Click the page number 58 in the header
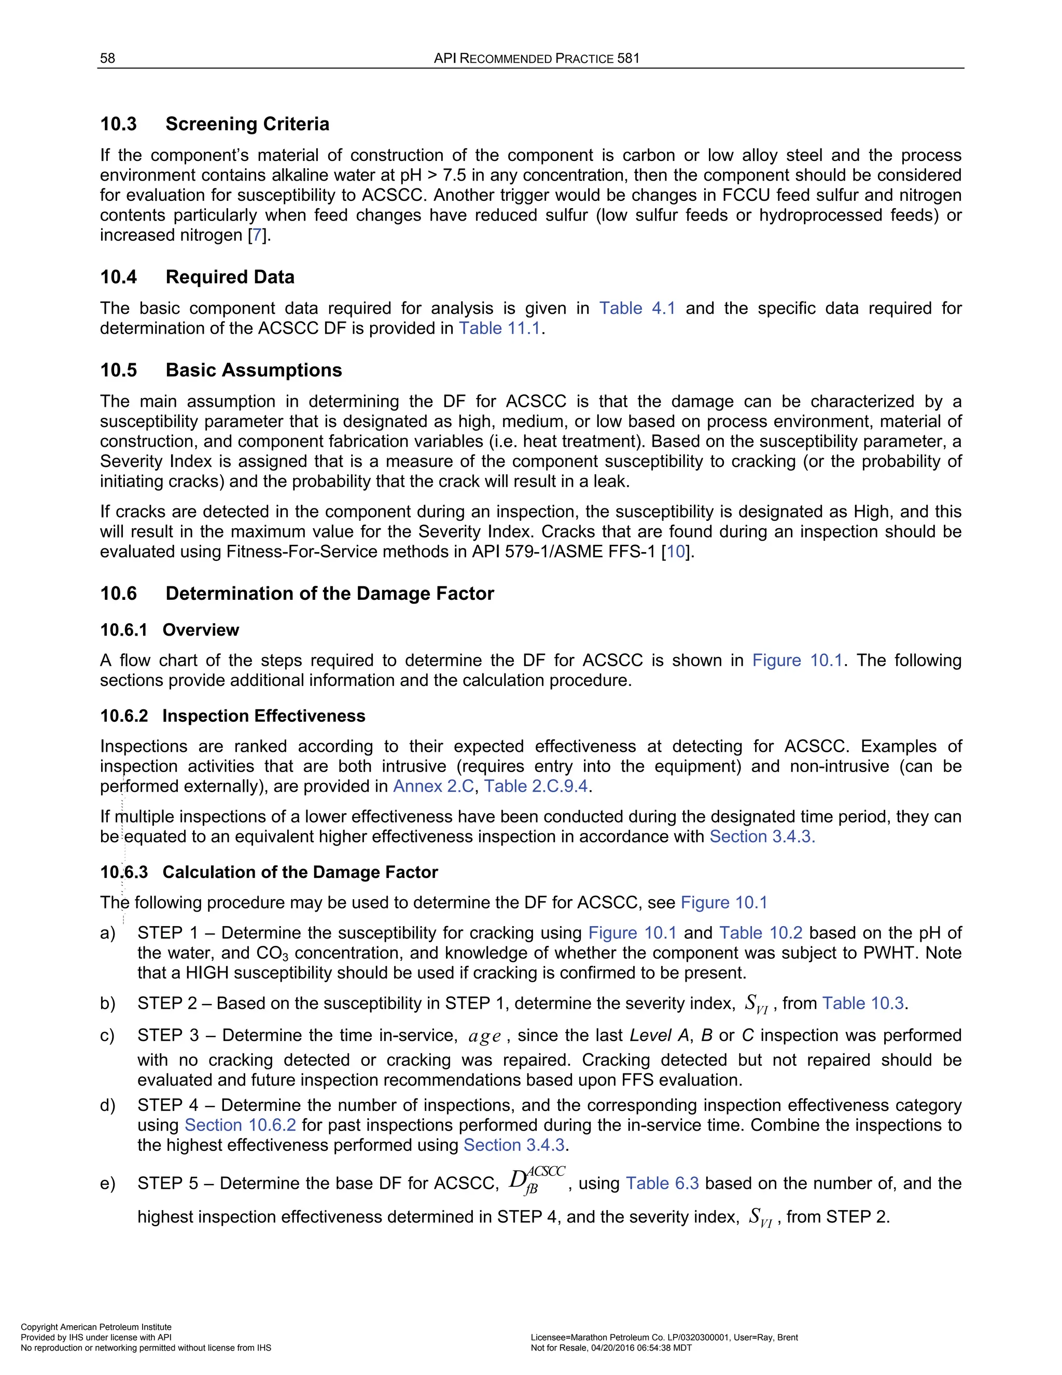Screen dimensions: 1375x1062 point(107,59)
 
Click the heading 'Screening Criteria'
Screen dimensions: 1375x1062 point(247,123)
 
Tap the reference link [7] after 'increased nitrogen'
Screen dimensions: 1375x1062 point(257,236)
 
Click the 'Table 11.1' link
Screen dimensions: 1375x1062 point(499,328)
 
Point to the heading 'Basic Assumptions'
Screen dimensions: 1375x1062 point(254,369)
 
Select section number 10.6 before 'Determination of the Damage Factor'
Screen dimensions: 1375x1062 point(118,593)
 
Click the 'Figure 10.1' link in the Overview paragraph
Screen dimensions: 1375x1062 point(796,661)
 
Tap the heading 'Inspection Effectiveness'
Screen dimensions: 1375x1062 point(263,716)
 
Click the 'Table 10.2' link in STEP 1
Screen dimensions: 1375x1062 point(761,932)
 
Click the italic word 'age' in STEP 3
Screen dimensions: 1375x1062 point(484,1037)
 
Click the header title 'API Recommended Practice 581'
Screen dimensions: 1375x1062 point(536,59)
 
